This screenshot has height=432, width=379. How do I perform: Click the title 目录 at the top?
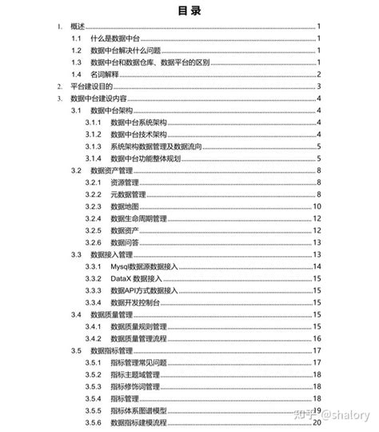point(189,11)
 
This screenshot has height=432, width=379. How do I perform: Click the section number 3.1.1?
point(93,122)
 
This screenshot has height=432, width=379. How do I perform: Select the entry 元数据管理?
point(128,194)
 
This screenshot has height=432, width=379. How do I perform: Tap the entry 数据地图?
point(123,206)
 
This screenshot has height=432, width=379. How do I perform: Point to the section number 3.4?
point(76,314)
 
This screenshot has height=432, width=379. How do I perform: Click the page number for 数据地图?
point(317,206)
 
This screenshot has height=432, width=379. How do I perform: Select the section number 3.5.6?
point(93,422)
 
